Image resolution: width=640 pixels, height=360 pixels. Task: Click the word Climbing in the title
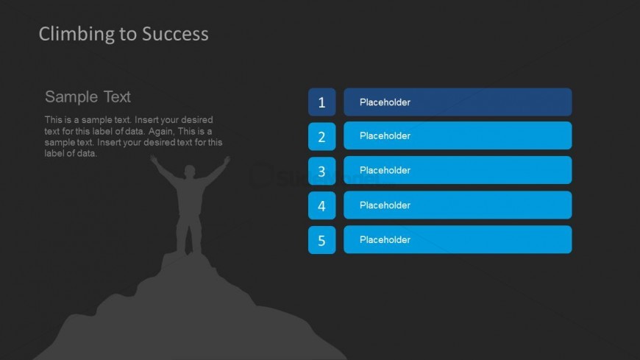pyautogui.click(x=77, y=35)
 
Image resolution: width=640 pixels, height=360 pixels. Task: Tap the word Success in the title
pyautogui.click(x=175, y=34)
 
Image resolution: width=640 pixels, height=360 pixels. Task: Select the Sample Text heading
pyautogui.click(x=88, y=97)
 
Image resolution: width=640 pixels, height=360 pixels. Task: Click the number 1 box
pyautogui.click(x=321, y=102)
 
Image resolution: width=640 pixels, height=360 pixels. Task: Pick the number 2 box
pyautogui.click(x=321, y=136)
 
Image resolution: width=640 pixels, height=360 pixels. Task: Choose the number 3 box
pyautogui.click(x=321, y=171)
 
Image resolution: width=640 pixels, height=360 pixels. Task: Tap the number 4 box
pyautogui.click(x=321, y=205)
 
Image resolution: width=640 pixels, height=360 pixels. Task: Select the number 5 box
pyautogui.click(x=321, y=240)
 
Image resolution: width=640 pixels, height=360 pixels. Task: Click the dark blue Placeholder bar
pyautogui.click(x=458, y=102)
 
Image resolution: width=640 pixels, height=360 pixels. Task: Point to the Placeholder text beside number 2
pyautogui.click(x=385, y=136)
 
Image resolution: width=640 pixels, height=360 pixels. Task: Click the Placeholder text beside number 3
pyautogui.click(x=385, y=170)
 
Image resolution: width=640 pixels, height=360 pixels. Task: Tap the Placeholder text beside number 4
pyautogui.click(x=385, y=205)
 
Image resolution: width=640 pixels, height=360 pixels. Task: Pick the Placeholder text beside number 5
pyautogui.click(x=385, y=240)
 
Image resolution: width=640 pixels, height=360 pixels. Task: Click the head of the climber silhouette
pyautogui.click(x=189, y=171)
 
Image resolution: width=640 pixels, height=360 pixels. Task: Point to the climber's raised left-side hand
pyautogui.click(x=154, y=160)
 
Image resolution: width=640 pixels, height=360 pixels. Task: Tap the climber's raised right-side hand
pyautogui.click(x=227, y=161)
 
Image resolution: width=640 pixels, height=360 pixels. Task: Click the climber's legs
pyautogui.click(x=188, y=233)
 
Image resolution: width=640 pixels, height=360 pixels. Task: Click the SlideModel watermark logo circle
pyautogui.click(x=261, y=176)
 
